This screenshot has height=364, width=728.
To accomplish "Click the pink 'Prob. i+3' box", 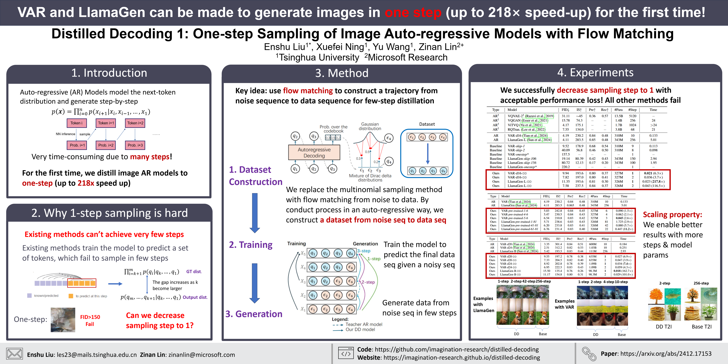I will pyautogui.click(x=135, y=145).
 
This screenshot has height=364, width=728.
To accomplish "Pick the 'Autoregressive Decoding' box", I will pyautogui.click(x=314, y=153).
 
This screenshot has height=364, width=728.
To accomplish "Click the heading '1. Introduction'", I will pyautogui.click(x=109, y=73).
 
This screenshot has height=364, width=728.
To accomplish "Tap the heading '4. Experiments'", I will pyautogui.click(x=595, y=73).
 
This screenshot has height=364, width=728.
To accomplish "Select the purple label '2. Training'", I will pyautogui.click(x=250, y=245).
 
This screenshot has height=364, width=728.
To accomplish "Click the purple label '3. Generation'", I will pyautogui.click(x=254, y=314).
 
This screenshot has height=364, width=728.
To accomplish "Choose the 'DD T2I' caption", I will pyautogui.click(x=664, y=327).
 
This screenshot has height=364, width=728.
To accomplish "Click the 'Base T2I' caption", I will pyautogui.click(x=701, y=327).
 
